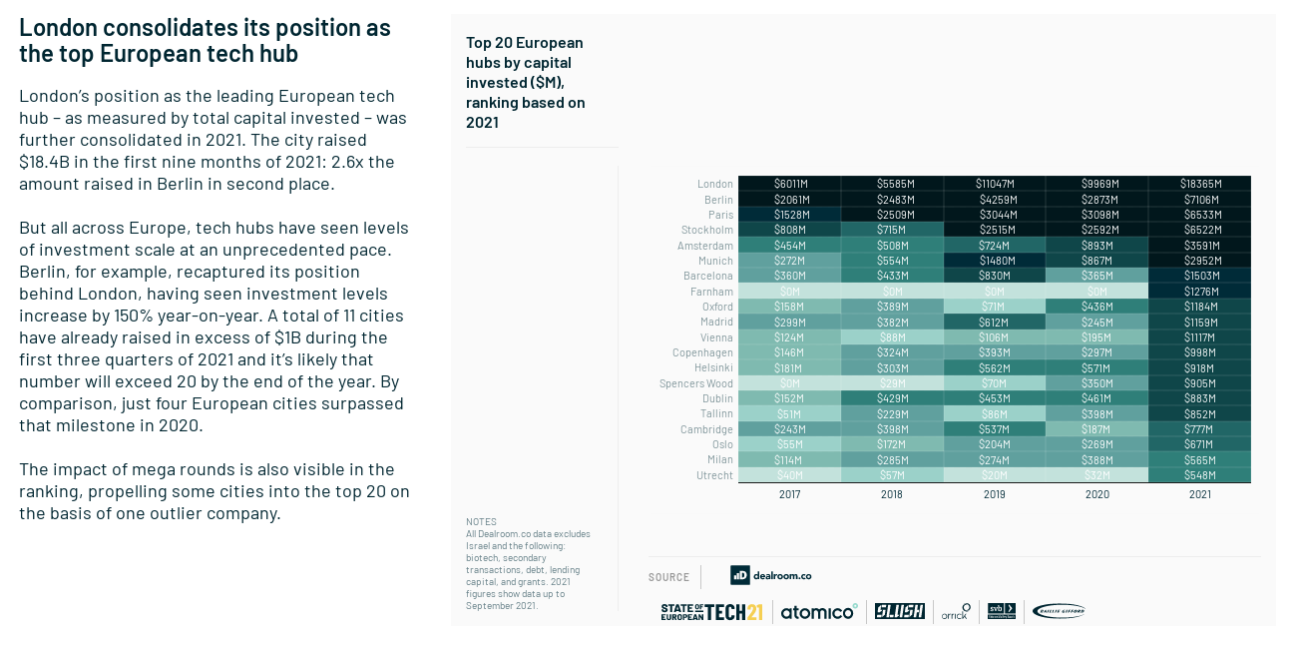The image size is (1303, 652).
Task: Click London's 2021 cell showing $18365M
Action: pos(1199,184)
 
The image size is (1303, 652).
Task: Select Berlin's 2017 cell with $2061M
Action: pos(789,200)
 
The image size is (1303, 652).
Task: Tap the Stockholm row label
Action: pos(707,231)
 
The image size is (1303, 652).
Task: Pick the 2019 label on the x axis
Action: pos(994,494)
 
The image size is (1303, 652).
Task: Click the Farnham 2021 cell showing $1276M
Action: pos(1199,292)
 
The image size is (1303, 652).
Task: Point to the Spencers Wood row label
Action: pos(695,383)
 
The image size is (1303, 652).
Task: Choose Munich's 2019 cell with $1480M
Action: pos(995,261)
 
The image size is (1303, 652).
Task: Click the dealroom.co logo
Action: pos(770,576)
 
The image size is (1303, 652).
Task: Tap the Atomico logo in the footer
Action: pos(819,612)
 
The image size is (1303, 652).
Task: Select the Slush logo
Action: pos(900,611)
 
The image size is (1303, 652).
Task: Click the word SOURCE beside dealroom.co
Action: pos(668,577)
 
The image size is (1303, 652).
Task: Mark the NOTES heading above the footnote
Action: pos(481,522)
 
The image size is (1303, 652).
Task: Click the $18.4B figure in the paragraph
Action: pos(43,162)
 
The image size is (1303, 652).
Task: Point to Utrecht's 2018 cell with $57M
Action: pos(892,475)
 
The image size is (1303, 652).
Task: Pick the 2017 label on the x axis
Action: pos(789,494)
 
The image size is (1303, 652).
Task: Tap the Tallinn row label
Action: pos(716,414)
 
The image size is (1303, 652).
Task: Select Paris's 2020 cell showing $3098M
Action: pos(1096,215)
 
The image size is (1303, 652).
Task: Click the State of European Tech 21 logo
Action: pos(711,612)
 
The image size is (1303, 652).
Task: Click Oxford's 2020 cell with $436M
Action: pos(1096,307)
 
